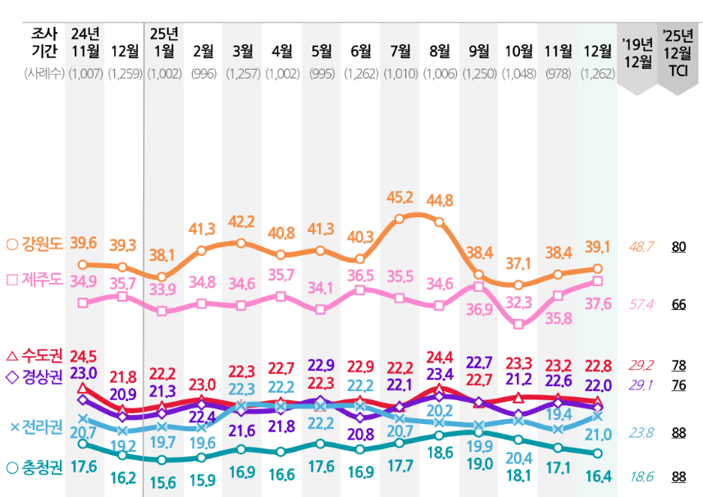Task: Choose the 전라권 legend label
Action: (41, 426)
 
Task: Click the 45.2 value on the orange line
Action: (399, 198)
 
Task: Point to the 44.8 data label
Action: (440, 200)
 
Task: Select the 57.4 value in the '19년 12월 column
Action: (640, 304)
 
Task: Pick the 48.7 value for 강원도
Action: (640, 246)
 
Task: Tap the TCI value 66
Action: (678, 304)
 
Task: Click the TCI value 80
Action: (678, 246)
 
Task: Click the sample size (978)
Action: (558, 74)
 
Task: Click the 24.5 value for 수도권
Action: (84, 356)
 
